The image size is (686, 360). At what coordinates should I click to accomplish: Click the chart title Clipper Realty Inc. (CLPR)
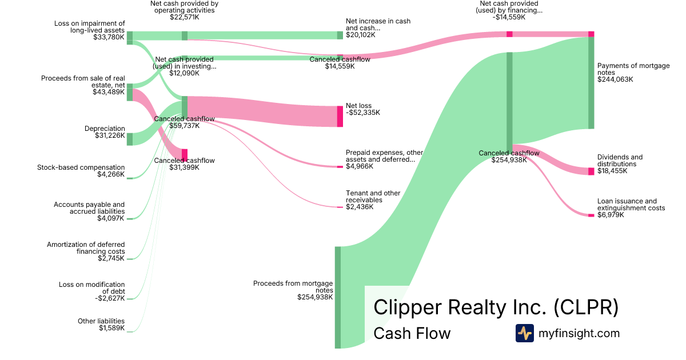tap(496, 307)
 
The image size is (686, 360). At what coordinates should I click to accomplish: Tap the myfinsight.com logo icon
tap(524, 333)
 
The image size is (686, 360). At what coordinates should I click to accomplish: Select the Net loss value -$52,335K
tap(362, 113)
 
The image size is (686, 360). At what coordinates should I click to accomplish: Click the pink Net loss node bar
tap(340, 116)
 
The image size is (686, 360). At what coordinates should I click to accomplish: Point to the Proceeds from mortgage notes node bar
tap(338, 297)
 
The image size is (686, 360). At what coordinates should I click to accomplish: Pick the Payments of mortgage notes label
tap(633, 69)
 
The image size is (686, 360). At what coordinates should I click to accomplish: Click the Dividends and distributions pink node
tap(591, 171)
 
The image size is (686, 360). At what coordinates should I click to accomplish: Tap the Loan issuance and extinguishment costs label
tap(631, 205)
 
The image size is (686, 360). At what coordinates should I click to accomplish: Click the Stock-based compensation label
tap(81, 167)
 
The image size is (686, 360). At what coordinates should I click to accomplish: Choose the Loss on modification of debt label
tap(91, 287)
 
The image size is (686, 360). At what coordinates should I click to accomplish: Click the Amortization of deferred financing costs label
tap(86, 248)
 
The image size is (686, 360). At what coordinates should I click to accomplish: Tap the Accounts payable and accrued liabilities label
tap(89, 207)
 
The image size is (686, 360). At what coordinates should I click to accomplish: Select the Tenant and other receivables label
tap(373, 197)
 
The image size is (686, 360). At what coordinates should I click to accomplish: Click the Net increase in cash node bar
tap(340, 35)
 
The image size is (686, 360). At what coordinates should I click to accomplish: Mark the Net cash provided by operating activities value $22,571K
tap(184, 17)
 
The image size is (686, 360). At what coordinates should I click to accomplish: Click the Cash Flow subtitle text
tap(412, 333)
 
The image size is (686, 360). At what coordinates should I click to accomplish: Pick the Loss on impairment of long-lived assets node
tap(129, 38)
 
